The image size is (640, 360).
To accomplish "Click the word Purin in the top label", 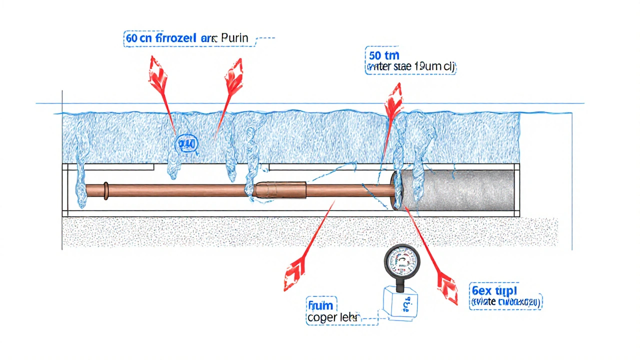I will click(234, 38).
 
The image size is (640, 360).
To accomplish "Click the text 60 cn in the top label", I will click(138, 38).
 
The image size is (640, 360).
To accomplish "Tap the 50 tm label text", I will click(384, 55).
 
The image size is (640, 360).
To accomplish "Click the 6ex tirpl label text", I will click(494, 290).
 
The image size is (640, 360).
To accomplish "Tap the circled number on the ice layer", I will click(187, 145).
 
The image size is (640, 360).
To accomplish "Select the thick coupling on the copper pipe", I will click(281, 190).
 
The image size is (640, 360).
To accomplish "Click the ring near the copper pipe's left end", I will click(106, 191).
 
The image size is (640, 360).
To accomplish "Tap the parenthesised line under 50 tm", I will click(411, 66).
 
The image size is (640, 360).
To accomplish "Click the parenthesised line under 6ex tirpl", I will click(506, 302).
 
